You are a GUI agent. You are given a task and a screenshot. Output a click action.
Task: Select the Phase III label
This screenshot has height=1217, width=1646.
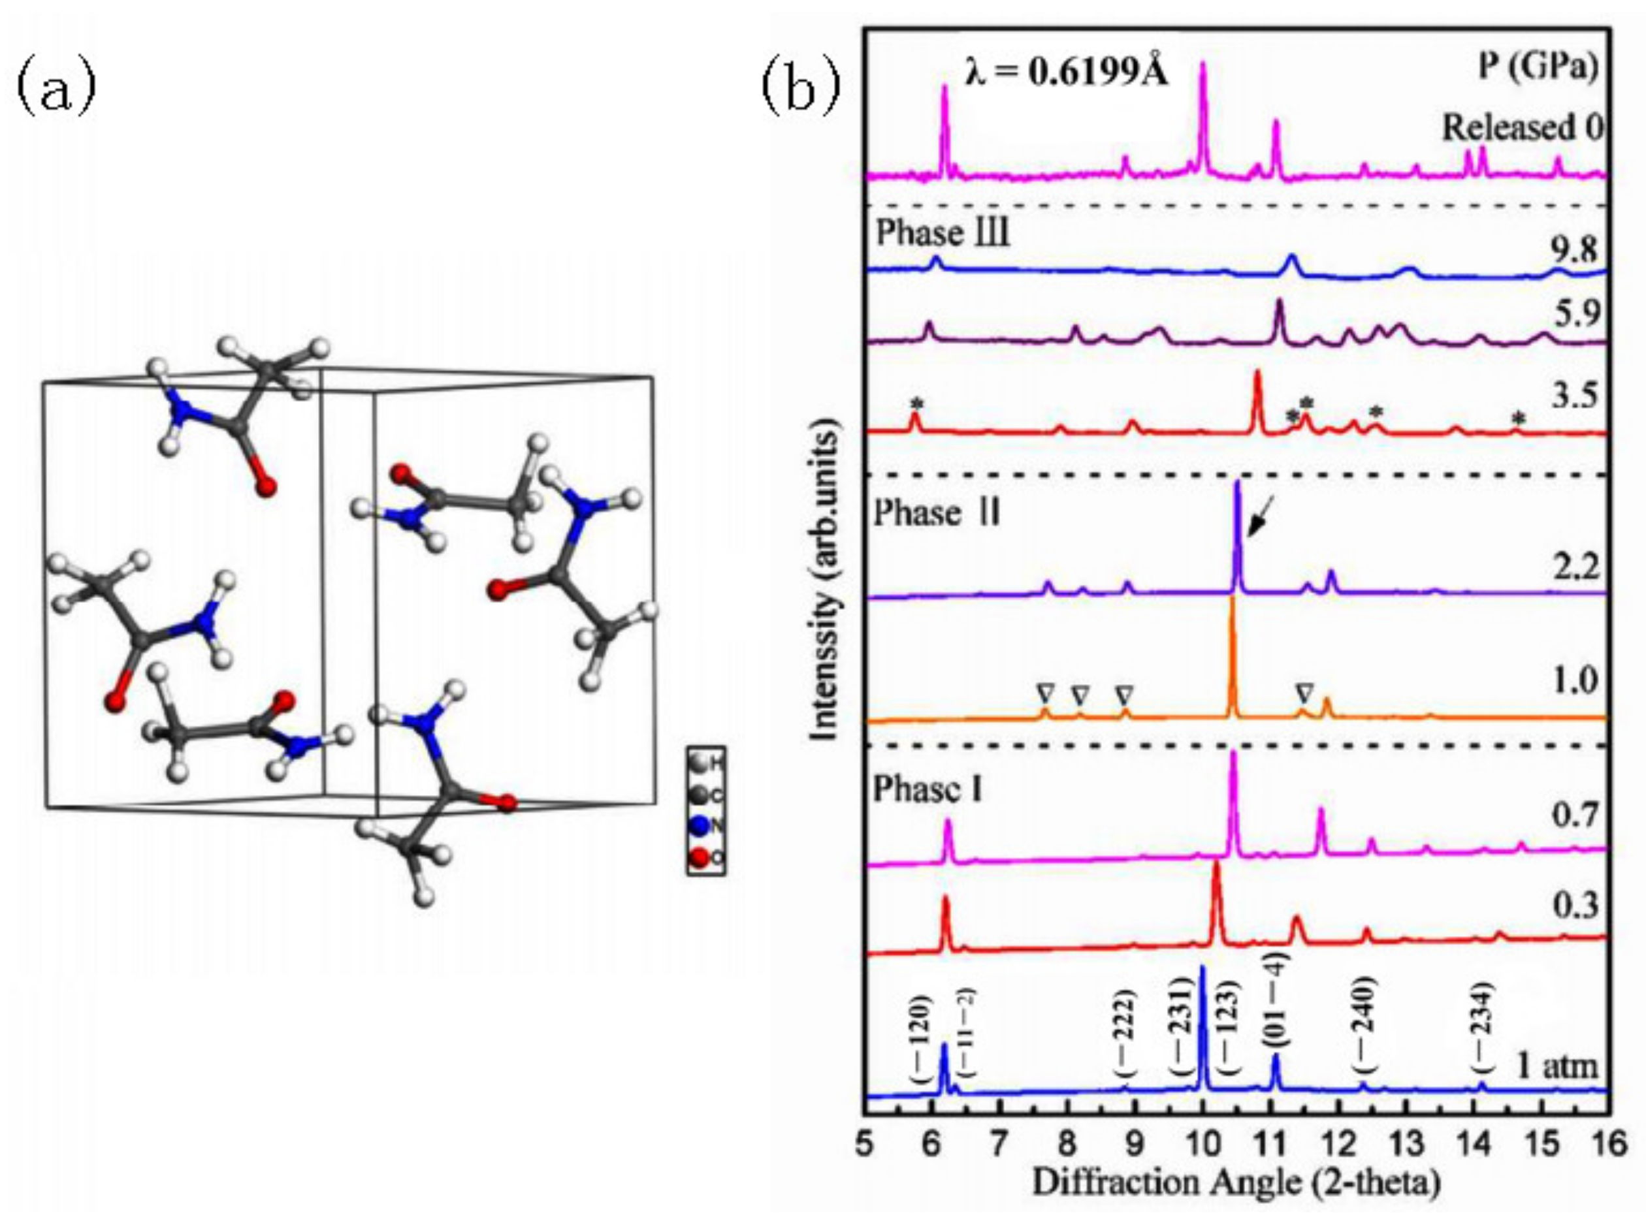point(943,234)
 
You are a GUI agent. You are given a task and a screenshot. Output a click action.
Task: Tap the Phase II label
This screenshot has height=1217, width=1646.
point(937,513)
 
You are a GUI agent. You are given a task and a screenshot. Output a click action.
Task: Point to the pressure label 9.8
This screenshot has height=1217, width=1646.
point(1572,251)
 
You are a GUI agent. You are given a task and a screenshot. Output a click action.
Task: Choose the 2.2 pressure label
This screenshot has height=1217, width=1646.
point(1572,568)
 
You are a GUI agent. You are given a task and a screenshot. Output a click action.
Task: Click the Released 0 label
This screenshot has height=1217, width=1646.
point(1521,128)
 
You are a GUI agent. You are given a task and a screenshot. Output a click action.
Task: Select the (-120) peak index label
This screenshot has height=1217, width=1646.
point(920,1039)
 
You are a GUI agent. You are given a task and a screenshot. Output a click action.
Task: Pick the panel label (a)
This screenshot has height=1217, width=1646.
point(56,88)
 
